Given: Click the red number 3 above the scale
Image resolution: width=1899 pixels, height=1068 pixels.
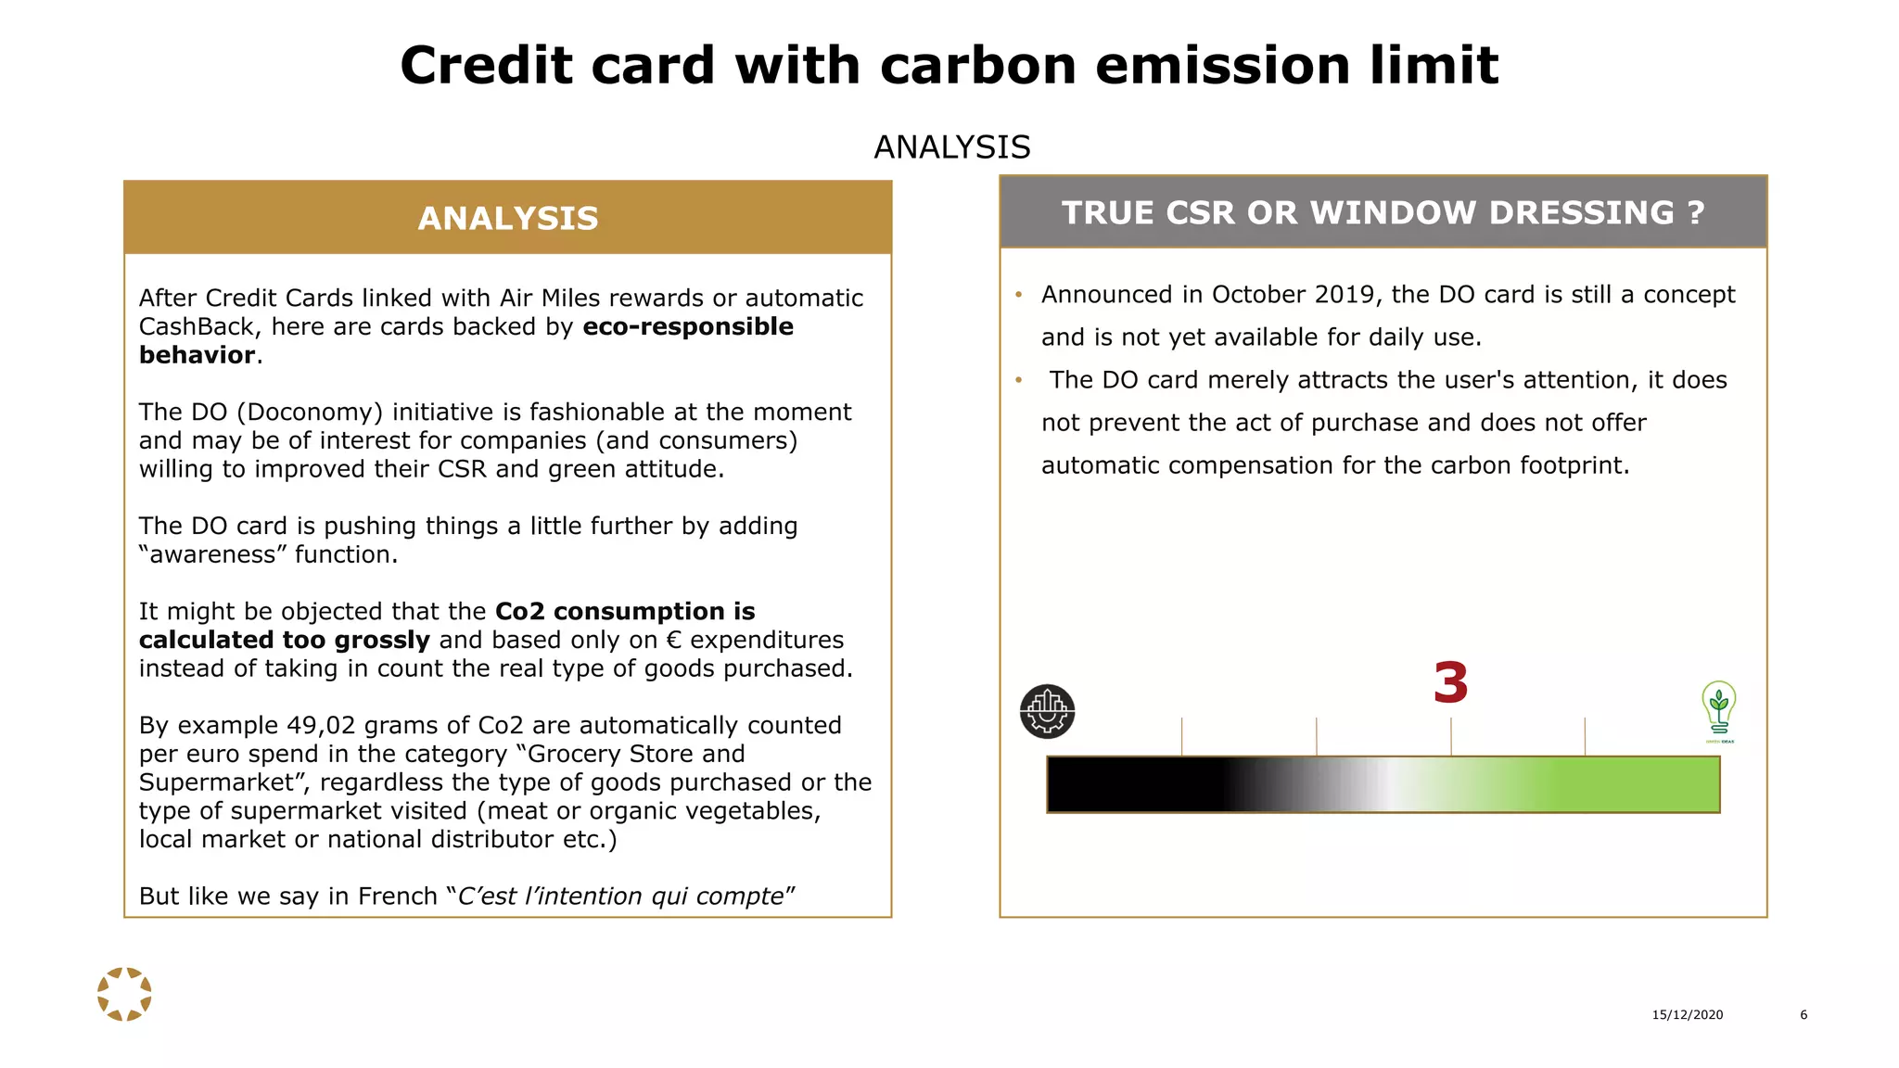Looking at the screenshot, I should click(x=1450, y=683).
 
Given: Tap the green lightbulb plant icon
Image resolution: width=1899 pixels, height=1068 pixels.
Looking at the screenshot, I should click(x=1718, y=710).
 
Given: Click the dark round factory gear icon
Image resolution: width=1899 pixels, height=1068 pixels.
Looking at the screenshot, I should click(x=1047, y=711).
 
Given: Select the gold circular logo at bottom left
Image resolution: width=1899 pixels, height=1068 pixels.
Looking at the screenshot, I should click(x=124, y=994).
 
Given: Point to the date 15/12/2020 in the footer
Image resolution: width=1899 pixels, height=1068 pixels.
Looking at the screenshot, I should click(x=1687, y=1014).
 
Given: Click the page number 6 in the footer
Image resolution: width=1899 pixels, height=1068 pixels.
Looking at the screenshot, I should click(x=1803, y=1014).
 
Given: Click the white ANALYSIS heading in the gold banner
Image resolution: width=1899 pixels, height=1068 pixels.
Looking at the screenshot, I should click(x=508, y=219).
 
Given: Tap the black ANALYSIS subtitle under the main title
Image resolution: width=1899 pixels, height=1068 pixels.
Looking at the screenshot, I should click(x=951, y=147).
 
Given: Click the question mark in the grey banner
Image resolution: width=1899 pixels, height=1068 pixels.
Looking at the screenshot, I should click(x=1696, y=213).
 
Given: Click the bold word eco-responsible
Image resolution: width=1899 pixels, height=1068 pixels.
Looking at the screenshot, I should click(x=688, y=327).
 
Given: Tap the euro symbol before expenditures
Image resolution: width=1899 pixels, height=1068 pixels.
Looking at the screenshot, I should click(x=674, y=641).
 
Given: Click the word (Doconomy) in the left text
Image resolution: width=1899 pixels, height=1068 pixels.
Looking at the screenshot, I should click(x=310, y=413).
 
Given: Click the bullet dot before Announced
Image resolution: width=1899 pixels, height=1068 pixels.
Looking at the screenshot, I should click(x=1018, y=295).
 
